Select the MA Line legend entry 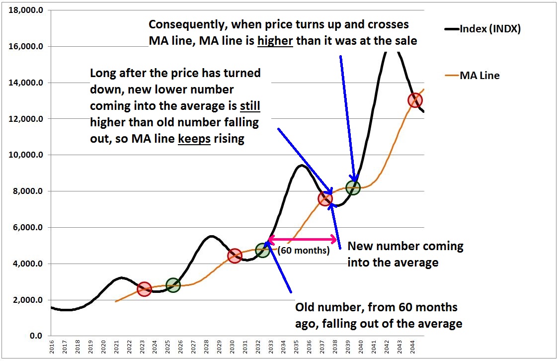pos(479,76)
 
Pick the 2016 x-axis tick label pos(52,347)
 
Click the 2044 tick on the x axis pos(413,347)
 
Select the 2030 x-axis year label pos(233,347)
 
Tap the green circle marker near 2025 pos(172,285)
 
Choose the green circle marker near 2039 pos(353,187)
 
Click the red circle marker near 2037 pos(325,199)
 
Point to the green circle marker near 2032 pos(262,250)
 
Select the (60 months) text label pos(304,251)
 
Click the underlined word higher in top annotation pos(276,41)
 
